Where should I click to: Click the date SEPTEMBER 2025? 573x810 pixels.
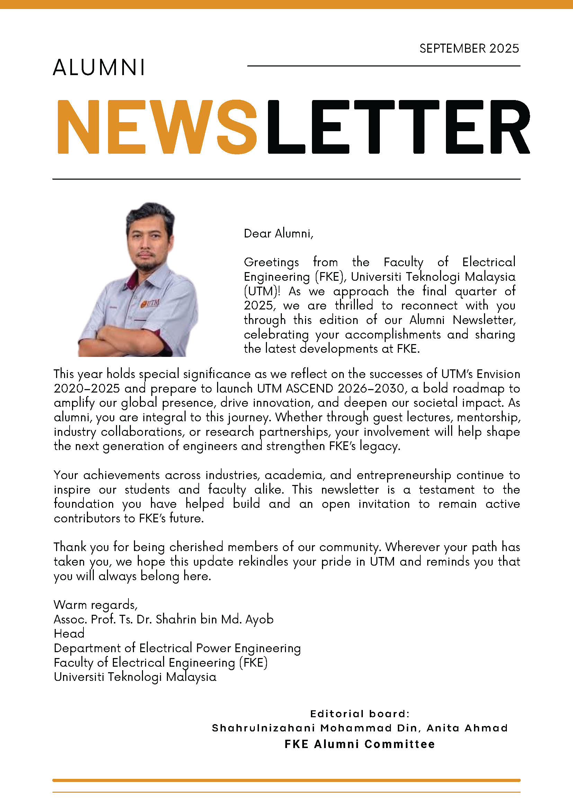click(469, 48)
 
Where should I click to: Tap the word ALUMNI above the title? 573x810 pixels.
click(99, 67)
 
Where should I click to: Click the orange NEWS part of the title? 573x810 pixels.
click(156, 127)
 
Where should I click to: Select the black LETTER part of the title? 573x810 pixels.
click(399, 127)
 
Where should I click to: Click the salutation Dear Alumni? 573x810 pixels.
click(278, 234)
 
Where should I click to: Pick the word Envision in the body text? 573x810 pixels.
click(498, 374)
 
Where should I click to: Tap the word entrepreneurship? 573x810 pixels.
click(404, 475)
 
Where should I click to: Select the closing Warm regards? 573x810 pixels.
click(95, 605)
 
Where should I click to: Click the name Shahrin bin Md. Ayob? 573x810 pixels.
click(215, 619)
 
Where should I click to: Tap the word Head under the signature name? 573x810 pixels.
click(69, 633)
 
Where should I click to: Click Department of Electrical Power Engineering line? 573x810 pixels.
click(177, 648)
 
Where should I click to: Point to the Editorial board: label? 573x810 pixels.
click(359, 714)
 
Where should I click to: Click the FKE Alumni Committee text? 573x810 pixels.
click(359, 744)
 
